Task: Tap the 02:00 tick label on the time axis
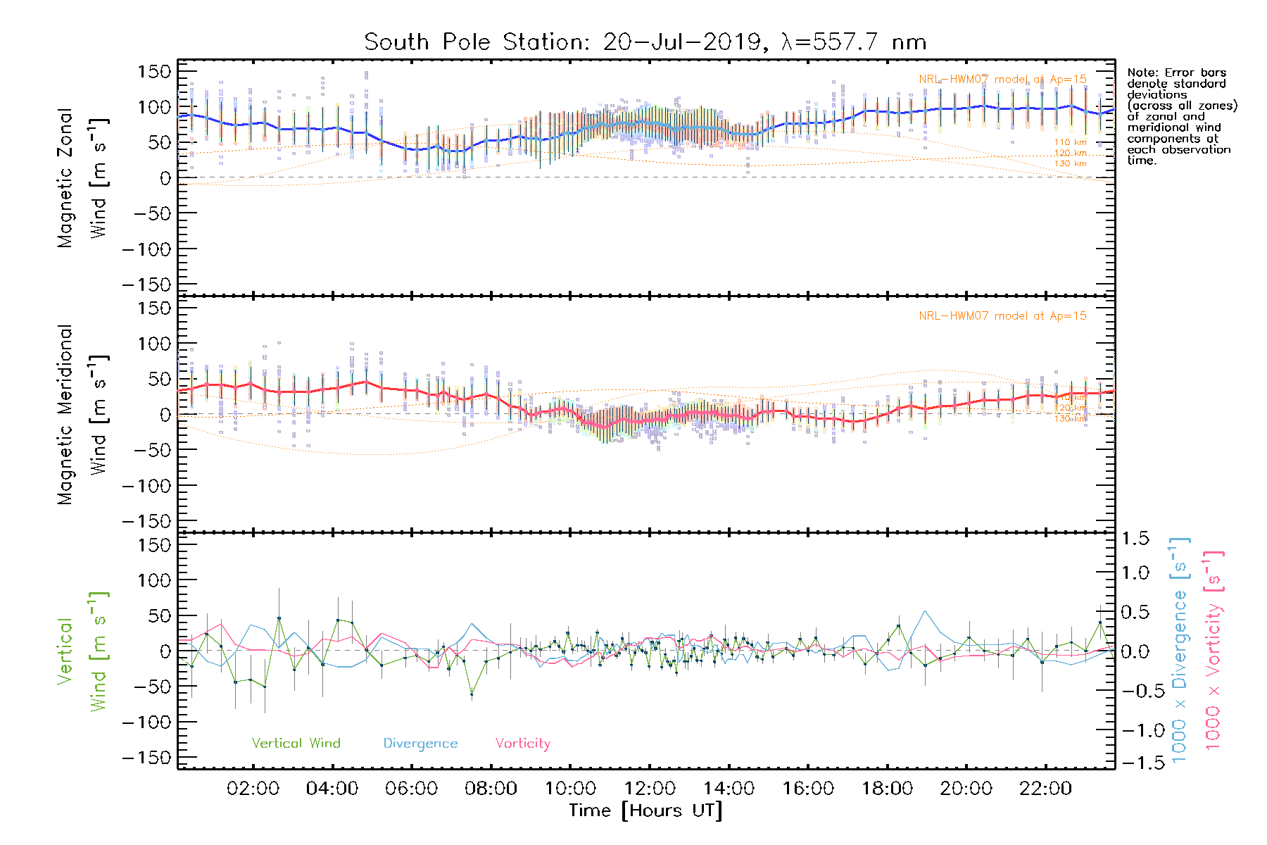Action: pos(253,788)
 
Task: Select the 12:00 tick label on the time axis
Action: pos(649,788)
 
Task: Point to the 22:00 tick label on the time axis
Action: pos(1045,788)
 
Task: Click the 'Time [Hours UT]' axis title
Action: pos(645,810)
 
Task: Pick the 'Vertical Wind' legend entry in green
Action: pos(296,743)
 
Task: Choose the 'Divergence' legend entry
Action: pos(420,744)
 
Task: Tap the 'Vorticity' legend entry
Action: pos(522,743)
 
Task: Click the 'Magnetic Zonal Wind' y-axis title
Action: pos(82,177)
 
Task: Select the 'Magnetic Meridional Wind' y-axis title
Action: pos(82,415)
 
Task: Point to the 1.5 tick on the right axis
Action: pos(1135,539)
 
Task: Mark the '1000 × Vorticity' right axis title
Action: pos(1213,651)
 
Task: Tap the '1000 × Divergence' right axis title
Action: pos(1180,651)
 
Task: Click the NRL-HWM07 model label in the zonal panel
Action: pos(1002,80)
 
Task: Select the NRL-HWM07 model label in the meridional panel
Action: pos(1002,316)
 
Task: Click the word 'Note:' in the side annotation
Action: pos(1141,73)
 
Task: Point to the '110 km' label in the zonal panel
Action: pos(1070,142)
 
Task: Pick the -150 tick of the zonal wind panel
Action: pos(147,284)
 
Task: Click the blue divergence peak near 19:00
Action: pos(925,611)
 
